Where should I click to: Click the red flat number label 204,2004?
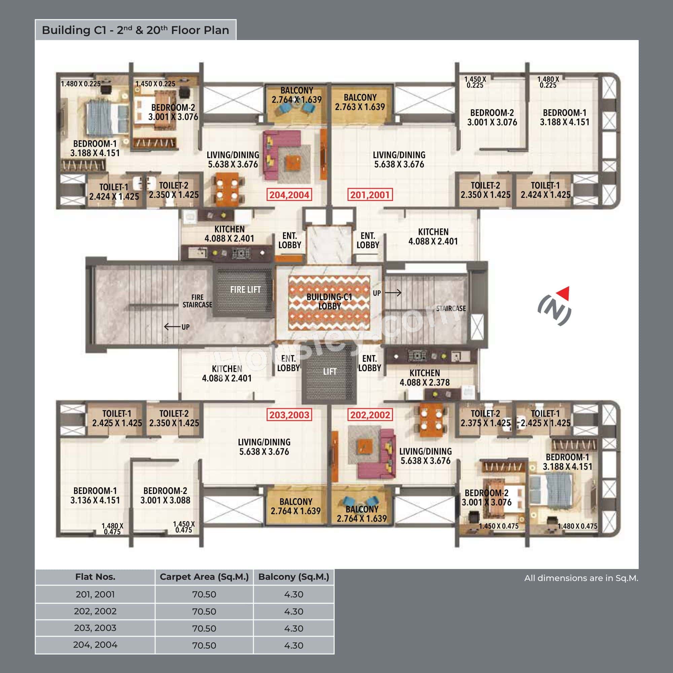(289, 195)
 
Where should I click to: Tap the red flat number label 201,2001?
(370, 195)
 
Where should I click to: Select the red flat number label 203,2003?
(289, 415)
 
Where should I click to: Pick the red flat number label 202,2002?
(370, 415)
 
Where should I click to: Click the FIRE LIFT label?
(245, 290)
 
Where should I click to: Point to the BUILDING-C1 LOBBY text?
(329, 302)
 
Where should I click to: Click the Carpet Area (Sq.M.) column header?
(204, 577)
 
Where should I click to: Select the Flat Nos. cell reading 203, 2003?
(95, 628)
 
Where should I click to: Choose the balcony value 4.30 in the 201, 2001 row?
(294, 594)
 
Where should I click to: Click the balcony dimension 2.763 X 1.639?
(360, 107)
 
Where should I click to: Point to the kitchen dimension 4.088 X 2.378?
(425, 383)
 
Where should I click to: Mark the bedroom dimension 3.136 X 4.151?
(95, 500)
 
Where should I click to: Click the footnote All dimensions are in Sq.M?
(581, 578)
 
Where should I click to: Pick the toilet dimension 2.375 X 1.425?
(485, 423)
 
